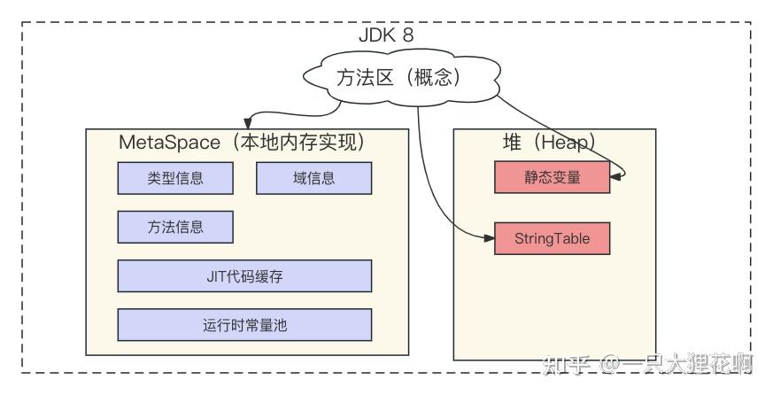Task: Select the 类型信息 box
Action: (175, 178)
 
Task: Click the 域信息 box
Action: (313, 178)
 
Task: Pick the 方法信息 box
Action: (175, 227)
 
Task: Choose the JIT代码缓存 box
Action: (244, 276)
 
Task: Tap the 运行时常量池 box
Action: (244, 325)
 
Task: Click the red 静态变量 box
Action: (553, 177)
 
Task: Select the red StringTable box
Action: (553, 238)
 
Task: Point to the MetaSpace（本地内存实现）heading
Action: (242, 142)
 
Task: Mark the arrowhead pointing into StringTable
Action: (489, 238)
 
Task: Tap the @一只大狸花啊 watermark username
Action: (676, 365)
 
